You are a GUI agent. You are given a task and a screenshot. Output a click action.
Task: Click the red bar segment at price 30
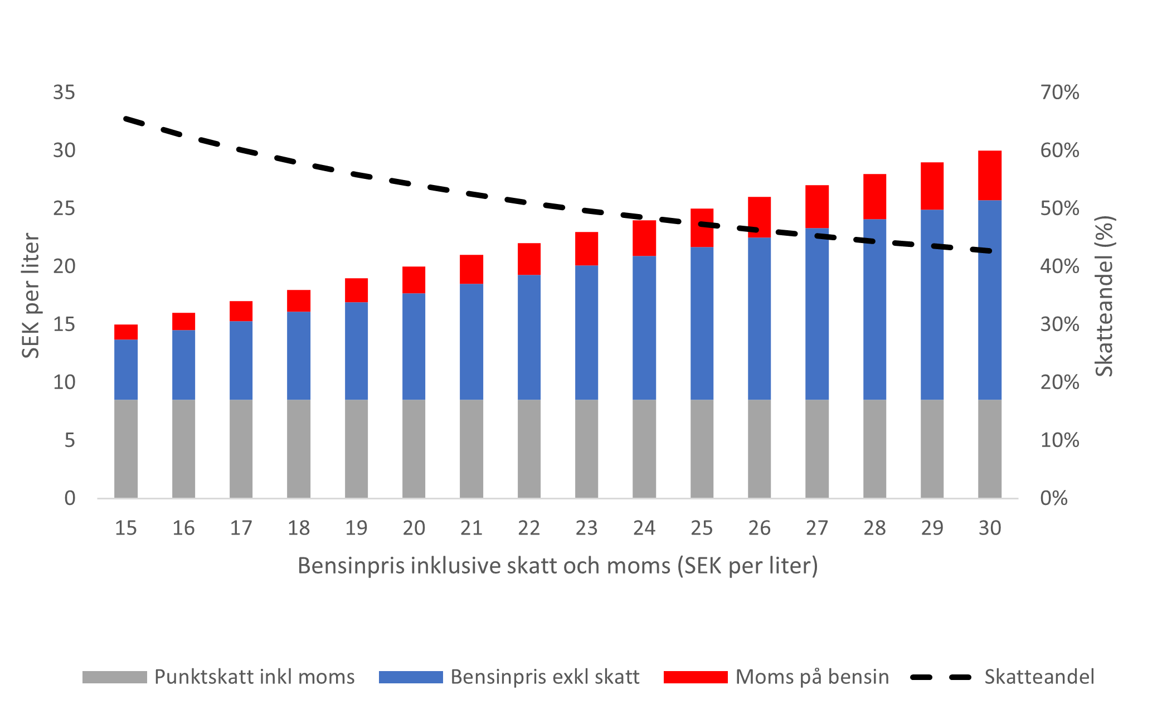point(989,175)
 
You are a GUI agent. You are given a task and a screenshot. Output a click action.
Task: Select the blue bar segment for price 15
point(126,369)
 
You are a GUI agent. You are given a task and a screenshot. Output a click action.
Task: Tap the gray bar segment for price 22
point(529,448)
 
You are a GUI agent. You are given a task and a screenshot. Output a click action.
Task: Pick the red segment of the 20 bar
point(414,280)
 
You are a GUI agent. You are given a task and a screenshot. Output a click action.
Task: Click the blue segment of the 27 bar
point(816,313)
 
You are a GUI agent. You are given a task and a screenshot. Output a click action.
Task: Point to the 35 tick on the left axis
point(64,93)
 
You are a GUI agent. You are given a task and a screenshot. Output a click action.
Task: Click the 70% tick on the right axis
point(1059,93)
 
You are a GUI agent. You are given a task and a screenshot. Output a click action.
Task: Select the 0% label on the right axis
point(1053,498)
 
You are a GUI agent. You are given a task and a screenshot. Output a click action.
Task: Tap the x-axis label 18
point(299,528)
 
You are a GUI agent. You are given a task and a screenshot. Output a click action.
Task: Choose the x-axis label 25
point(702,528)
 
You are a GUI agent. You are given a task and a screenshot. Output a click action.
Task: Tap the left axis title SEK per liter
point(31,295)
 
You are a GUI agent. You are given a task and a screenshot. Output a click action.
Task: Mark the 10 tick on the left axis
point(64,382)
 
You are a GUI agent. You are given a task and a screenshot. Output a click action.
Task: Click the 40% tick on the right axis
point(1059,266)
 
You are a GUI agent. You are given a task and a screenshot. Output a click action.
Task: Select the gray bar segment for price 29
point(932,448)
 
